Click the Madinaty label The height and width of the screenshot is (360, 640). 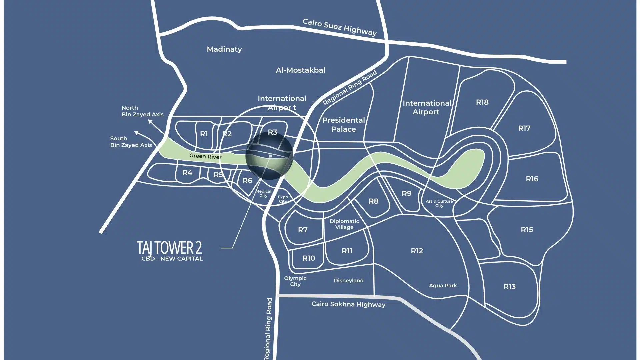(224, 49)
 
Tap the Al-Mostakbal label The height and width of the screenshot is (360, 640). (300, 70)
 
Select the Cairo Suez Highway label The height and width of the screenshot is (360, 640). (340, 27)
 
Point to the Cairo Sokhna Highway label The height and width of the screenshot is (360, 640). (348, 304)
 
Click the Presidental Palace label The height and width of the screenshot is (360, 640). (343, 125)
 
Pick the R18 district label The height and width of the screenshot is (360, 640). (482, 102)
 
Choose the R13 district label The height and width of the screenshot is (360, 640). (509, 286)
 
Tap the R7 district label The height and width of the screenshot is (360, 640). (303, 230)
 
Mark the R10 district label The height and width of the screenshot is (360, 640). (309, 258)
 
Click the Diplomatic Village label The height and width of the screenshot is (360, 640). (344, 224)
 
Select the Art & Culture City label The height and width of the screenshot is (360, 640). (439, 203)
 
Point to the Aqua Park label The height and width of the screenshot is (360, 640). (443, 286)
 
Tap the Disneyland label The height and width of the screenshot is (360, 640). (349, 281)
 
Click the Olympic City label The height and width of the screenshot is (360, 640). (295, 281)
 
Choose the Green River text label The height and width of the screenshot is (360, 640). (205, 156)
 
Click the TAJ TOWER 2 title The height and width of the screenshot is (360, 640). (169, 247)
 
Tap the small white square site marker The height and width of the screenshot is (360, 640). (271, 156)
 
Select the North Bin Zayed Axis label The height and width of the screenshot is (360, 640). (142, 111)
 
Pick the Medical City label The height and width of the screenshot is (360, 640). (263, 193)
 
